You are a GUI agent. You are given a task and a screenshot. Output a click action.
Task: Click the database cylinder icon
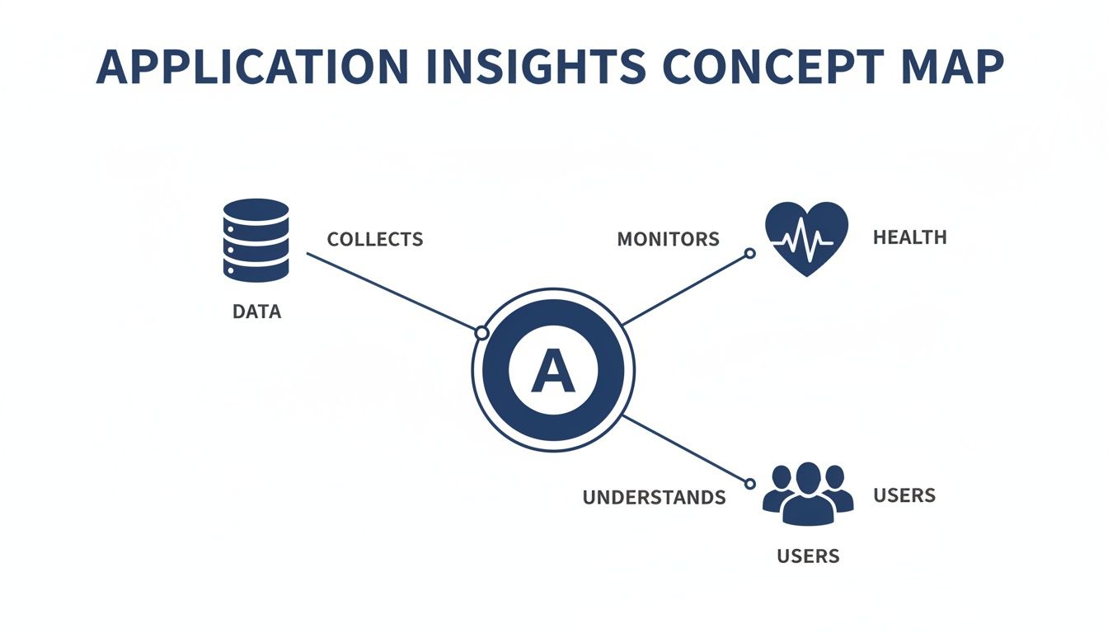point(256,240)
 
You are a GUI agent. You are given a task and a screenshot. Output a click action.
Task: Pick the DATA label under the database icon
point(256,312)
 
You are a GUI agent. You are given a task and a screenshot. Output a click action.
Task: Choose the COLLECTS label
point(375,240)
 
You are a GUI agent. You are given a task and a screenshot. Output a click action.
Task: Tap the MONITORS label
point(668,240)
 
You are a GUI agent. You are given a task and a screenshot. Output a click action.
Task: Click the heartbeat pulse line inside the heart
point(805,241)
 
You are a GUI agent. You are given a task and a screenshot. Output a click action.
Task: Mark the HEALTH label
point(909,238)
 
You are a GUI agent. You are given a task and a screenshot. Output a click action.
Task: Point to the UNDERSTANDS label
point(654,498)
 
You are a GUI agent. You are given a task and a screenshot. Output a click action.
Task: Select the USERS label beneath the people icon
point(808,556)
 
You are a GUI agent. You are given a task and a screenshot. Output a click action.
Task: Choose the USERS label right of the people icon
point(904,496)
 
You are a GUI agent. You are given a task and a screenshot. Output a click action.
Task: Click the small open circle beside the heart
point(749,254)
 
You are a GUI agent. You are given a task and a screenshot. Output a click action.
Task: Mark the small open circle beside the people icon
point(750,485)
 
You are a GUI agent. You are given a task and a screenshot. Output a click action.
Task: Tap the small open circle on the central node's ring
point(481,333)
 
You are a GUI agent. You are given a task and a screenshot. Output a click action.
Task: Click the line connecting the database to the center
point(392,293)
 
